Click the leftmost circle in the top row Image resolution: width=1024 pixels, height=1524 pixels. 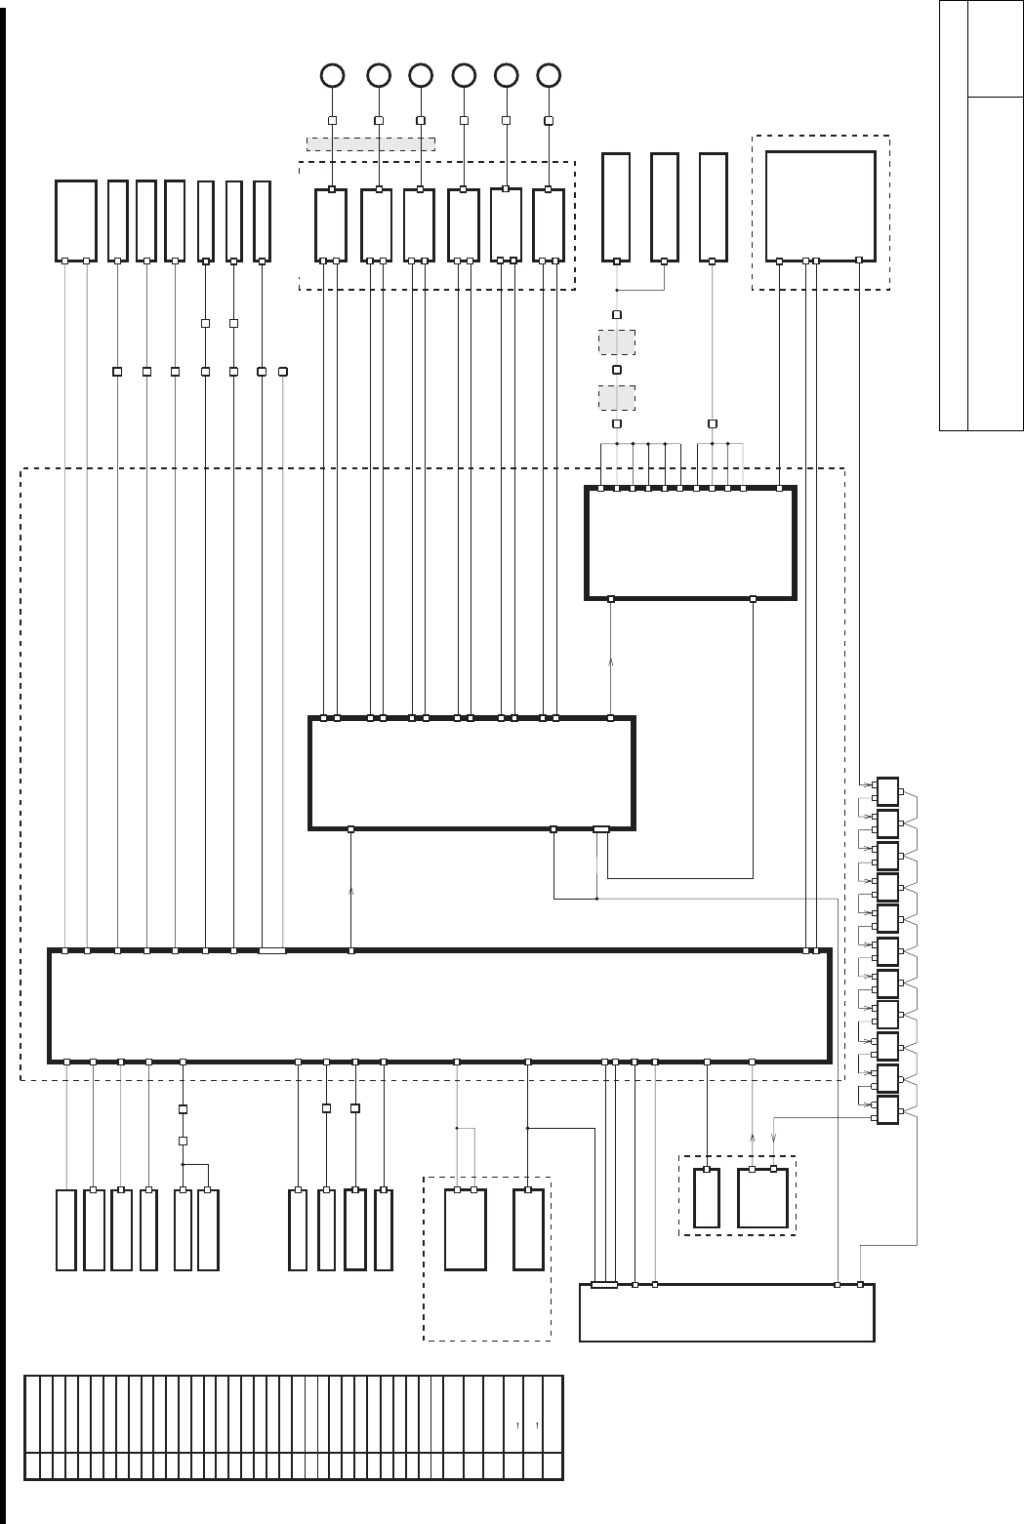[x=332, y=75]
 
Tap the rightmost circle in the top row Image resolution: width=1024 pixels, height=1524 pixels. [x=550, y=75]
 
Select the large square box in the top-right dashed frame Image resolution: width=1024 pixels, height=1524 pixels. [x=820, y=206]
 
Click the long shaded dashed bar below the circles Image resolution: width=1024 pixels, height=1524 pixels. [x=371, y=144]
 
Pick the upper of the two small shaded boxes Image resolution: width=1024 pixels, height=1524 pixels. [x=616, y=342]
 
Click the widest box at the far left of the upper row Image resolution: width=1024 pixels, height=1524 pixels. [x=75, y=221]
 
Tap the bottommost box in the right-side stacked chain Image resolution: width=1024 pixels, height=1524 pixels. [x=887, y=1110]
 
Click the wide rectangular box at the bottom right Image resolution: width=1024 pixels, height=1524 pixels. [x=726, y=1313]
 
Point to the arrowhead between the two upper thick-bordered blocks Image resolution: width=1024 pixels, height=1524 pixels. [x=611, y=662]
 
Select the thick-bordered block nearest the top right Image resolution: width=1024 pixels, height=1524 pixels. [x=690, y=542]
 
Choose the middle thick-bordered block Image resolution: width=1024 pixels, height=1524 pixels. [x=471, y=773]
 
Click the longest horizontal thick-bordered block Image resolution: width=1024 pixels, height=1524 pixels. [x=439, y=1005]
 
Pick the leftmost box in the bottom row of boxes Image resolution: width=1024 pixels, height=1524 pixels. [x=66, y=1229]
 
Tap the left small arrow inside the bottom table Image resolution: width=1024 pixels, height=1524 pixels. [x=517, y=1426]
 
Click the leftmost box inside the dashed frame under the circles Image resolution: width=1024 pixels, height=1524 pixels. [x=330, y=224]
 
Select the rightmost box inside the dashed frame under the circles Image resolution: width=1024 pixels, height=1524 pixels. [x=549, y=224]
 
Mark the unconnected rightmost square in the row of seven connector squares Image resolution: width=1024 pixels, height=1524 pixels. [x=283, y=371]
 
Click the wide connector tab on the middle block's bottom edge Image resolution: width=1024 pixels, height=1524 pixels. [x=601, y=829]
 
